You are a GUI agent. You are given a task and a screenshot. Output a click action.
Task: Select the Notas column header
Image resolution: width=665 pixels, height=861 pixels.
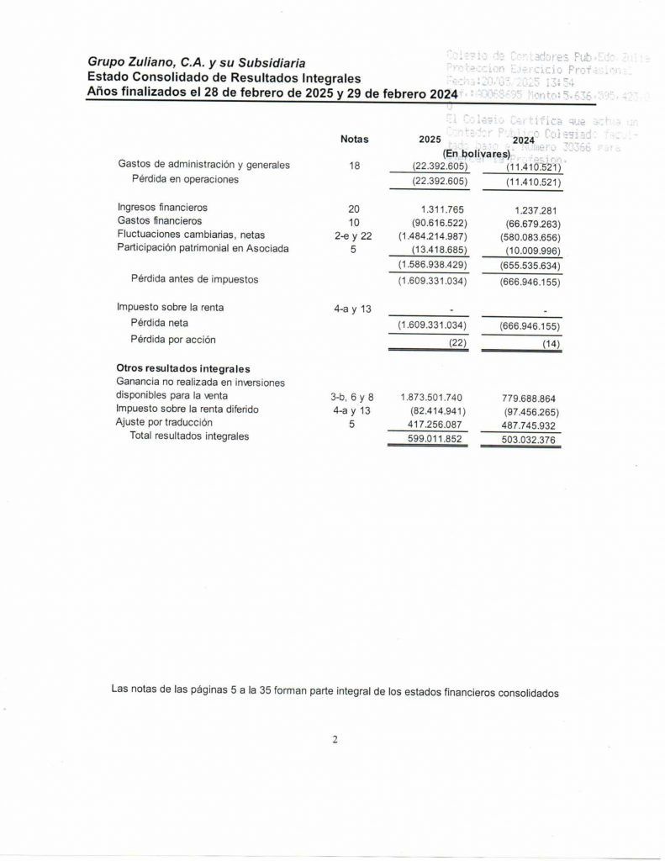click(x=354, y=140)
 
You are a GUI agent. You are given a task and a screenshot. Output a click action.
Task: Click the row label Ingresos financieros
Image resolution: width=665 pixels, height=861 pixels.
click(x=162, y=207)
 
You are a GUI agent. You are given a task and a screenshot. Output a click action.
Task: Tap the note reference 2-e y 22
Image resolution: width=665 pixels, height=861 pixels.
click(x=353, y=236)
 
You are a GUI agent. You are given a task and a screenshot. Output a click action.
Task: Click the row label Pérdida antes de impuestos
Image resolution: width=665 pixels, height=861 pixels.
click(x=194, y=278)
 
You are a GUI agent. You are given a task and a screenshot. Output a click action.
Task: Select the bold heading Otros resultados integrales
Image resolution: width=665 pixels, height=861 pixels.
click(x=183, y=369)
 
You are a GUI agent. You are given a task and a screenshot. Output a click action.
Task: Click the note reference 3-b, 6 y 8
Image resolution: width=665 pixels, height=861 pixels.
click(x=352, y=396)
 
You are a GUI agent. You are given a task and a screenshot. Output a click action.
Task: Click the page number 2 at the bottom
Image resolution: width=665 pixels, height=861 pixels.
click(x=334, y=740)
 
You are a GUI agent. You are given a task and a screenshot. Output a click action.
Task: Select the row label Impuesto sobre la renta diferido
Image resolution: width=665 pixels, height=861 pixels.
click(x=187, y=409)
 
